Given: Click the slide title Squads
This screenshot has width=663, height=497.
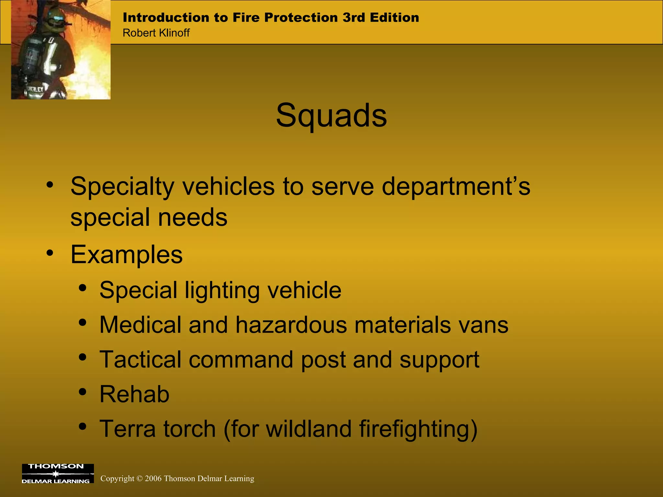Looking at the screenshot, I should pyautogui.click(x=331, y=116).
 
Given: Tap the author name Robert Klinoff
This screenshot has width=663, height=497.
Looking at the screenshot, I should pyautogui.click(x=156, y=33).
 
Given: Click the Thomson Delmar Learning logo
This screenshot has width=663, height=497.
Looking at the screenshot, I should pyautogui.click(x=58, y=474).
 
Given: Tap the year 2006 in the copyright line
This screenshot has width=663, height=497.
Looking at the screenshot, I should pyautogui.click(x=153, y=479).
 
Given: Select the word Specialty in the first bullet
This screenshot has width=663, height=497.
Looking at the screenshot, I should pyautogui.click(x=122, y=187).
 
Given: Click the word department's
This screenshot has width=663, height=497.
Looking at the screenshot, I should pyautogui.click(x=456, y=187).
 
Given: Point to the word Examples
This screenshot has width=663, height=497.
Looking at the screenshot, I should pyautogui.click(x=127, y=255).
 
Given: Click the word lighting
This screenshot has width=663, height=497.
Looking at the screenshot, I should pyautogui.click(x=222, y=290).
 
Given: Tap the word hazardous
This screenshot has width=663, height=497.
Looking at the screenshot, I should pyautogui.click(x=291, y=325).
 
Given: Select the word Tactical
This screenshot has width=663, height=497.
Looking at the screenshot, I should pyautogui.click(x=140, y=359).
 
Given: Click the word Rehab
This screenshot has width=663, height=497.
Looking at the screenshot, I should pyautogui.click(x=134, y=394).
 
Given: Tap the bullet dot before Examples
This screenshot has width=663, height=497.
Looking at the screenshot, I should pyautogui.click(x=50, y=252).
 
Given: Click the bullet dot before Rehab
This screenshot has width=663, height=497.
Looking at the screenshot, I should pyautogui.click(x=83, y=392).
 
